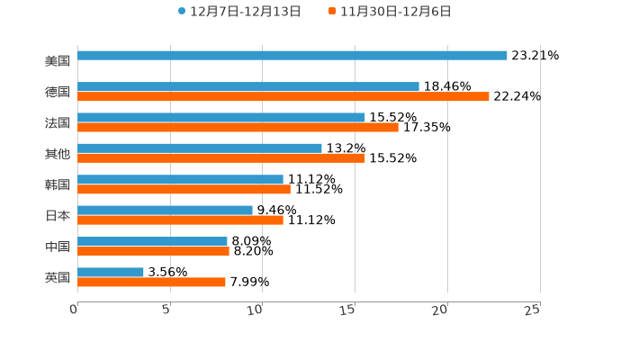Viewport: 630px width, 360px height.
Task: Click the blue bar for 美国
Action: coord(292,56)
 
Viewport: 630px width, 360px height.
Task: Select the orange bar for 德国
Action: coord(283,96)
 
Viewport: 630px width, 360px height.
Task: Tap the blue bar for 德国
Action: coord(248,86)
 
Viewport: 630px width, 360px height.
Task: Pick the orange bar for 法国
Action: coord(238,128)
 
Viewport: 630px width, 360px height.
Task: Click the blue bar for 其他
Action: coord(200,148)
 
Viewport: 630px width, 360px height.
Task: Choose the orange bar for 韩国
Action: coord(184,190)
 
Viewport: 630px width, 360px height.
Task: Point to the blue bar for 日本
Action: coord(165,210)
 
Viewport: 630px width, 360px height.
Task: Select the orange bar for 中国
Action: coord(153,251)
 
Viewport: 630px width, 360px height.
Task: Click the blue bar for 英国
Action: coord(111,272)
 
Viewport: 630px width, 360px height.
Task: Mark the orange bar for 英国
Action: coord(151,282)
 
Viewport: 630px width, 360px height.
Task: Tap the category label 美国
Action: coord(58,61)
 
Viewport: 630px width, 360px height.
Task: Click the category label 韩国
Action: coord(58,184)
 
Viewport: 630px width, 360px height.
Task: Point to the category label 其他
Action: coord(58,154)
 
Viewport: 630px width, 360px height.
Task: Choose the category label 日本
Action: coord(58,216)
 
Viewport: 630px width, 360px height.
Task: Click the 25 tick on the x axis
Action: coord(533,310)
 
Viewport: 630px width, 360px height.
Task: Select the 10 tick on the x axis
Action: coord(256,310)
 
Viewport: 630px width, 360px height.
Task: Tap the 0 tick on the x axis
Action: coord(74,310)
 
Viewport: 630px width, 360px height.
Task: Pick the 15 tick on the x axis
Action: coord(348,310)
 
